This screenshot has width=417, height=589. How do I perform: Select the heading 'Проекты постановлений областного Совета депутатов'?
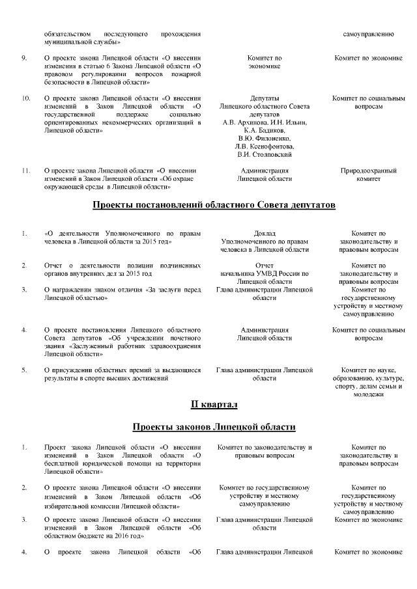tap(214, 206)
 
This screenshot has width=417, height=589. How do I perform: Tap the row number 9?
tap(23, 58)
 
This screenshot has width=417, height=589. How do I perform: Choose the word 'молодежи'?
tap(369, 394)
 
